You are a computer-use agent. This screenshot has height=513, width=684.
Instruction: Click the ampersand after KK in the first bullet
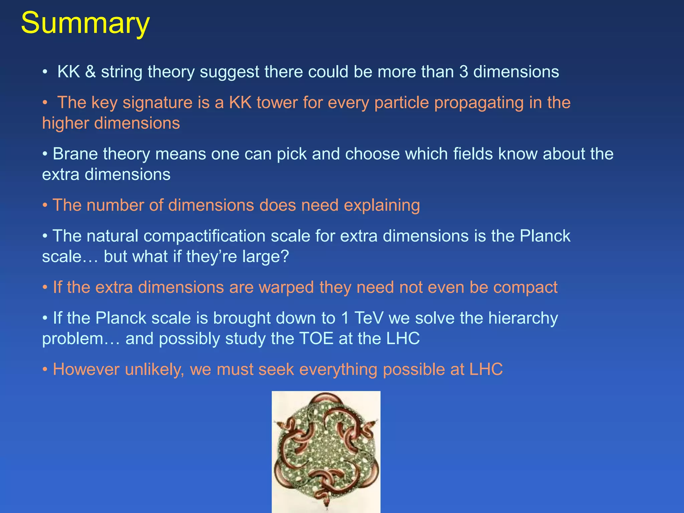(90, 72)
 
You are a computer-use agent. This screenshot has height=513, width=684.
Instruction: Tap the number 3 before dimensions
(463, 72)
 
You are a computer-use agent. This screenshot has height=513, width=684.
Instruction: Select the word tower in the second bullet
(277, 103)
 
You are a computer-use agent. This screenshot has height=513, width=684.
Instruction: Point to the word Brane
(75, 154)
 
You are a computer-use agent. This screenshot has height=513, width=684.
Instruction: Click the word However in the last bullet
(86, 369)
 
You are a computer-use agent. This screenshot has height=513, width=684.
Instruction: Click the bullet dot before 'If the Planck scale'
(45, 318)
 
